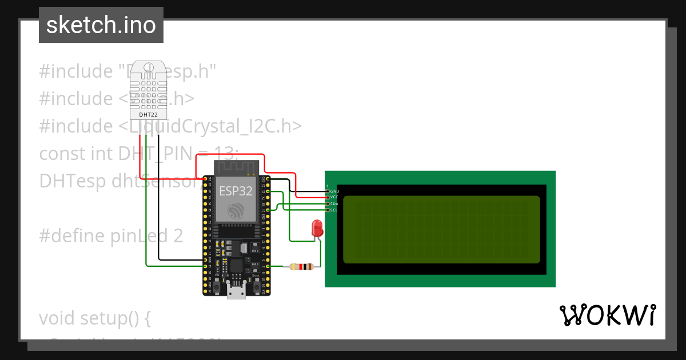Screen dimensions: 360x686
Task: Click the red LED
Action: tap(316, 229)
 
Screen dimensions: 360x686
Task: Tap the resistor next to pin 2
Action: tap(301, 266)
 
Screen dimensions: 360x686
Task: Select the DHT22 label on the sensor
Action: tap(148, 114)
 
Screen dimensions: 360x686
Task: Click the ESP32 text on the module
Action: tap(235, 191)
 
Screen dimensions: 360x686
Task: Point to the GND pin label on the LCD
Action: tap(334, 191)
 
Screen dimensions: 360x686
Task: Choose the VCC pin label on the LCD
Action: tap(334, 197)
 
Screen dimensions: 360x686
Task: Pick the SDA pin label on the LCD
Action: tap(334, 203)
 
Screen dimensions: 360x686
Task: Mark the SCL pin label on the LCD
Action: tap(334, 210)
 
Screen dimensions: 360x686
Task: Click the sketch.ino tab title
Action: tap(101, 25)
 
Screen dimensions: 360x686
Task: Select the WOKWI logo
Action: tap(607, 315)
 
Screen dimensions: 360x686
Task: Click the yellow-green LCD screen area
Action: tap(441, 229)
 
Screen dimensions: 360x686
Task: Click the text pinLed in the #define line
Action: tap(138, 235)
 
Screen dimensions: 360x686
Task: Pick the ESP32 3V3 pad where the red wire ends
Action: tap(205, 179)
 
